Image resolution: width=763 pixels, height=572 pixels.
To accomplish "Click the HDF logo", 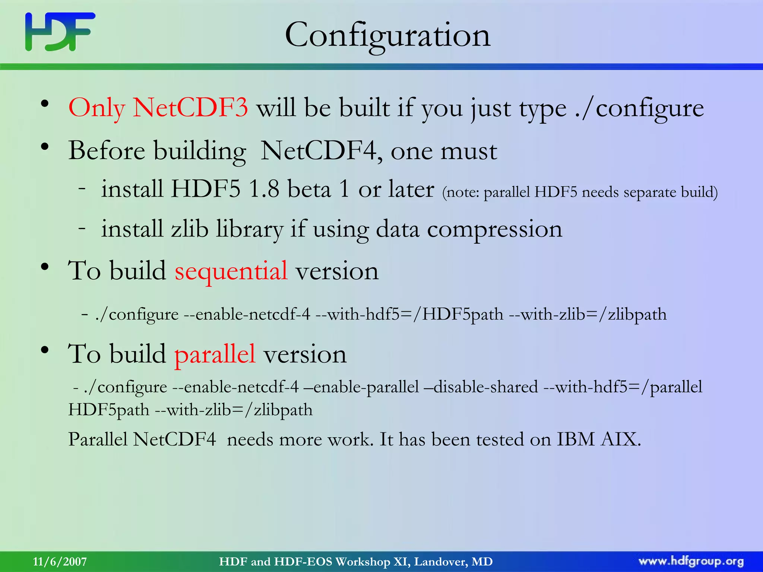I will click(60, 32).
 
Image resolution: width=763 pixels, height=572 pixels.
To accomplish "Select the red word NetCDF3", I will click(190, 108).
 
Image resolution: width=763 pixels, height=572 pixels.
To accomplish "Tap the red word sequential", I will click(231, 271).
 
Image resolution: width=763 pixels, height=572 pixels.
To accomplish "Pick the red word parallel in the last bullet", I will click(215, 354).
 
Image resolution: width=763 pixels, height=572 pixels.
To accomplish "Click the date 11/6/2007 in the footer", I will click(60, 562).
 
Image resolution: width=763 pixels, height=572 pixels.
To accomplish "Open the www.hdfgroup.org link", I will click(691, 562).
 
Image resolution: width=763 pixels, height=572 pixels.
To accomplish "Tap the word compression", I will click(494, 229).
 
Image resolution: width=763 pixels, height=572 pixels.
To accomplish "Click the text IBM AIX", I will click(598, 439).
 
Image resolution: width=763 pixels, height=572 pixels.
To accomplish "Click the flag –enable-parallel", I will click(361, 387).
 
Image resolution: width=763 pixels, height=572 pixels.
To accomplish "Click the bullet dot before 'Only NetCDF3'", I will click(45, 105).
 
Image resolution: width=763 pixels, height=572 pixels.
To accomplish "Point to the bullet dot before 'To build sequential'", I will click(45, 267).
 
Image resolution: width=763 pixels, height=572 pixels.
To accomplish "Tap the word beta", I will click(309, 189).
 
